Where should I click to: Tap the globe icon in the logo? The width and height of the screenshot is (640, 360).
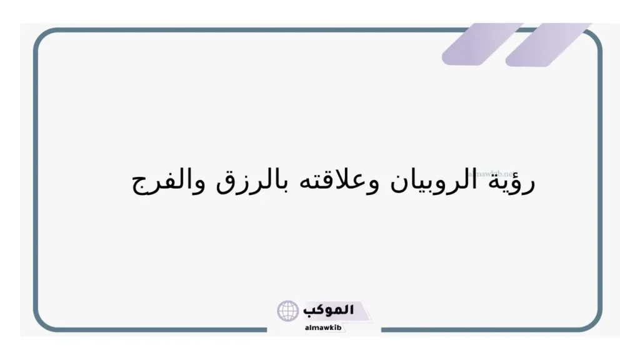288,311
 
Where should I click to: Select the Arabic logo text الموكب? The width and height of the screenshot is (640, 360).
328,309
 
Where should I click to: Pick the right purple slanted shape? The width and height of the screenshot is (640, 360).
547,44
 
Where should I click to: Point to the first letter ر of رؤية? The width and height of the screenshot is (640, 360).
530,186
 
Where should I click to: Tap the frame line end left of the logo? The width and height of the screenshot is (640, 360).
267,330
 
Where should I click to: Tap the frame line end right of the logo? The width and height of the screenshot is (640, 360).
382,330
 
